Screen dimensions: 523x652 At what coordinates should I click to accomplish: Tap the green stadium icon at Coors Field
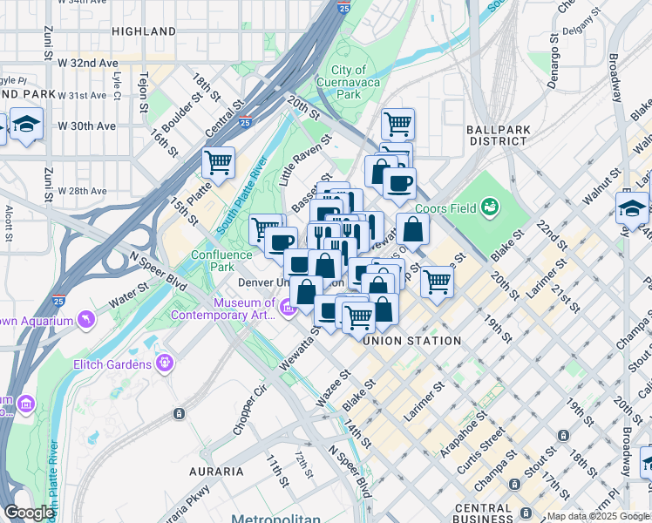pos(491,207)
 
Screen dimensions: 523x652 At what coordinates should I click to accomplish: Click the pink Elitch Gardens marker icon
pos(163,363)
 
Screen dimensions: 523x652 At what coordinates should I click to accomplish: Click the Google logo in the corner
pos(29,513)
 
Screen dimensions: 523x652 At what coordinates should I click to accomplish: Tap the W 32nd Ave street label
pos(87,64)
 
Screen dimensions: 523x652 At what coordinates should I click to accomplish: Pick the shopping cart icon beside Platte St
pos(218,161)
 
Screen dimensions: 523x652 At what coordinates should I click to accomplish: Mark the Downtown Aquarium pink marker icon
pos(85,321)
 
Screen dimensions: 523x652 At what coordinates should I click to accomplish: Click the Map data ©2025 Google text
pos(598,516)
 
